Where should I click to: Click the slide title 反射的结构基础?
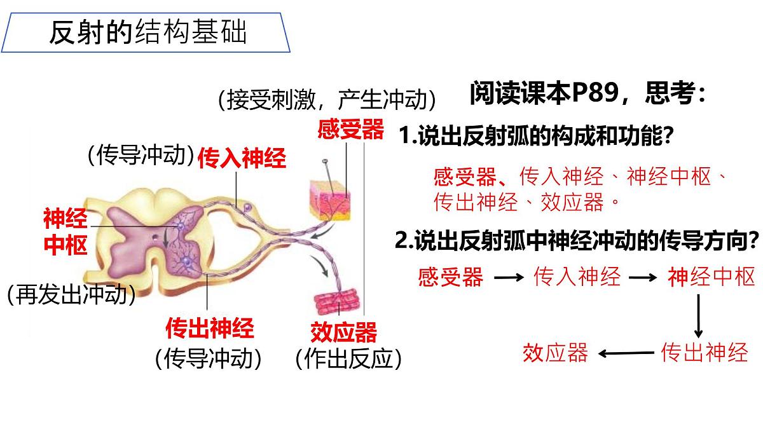click(x=148, y=32)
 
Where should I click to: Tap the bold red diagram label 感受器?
click(x=351, y=129)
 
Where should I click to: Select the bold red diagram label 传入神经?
click(x=242, y=158)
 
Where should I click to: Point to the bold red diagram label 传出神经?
click(x=210, y=328)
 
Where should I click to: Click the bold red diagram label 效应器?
click(x=344, y=332)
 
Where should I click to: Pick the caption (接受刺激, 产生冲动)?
click(x=327, y=100)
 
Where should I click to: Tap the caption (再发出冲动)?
click(x=71, y=294)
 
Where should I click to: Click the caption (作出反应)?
click(x=349, y=359)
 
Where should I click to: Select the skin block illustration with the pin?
click(x=330, y=201)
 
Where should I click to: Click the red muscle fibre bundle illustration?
click(x=336, y=301)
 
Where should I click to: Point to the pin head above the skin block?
click(x=325, y=160)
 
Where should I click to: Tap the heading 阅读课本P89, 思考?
click(x=588, y=93)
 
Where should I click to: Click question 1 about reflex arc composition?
click(x=536, y=135)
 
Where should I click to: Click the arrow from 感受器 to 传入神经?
click(x=509, y=278)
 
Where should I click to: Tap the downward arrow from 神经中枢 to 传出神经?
click(x=698, y=316)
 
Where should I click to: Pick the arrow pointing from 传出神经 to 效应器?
click(x=626, y=353)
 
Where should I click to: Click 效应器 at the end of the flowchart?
click(x=556, y=353)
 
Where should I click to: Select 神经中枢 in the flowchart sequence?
click(x=711, y=277)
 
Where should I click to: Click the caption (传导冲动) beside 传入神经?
click(x=141, y=155)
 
